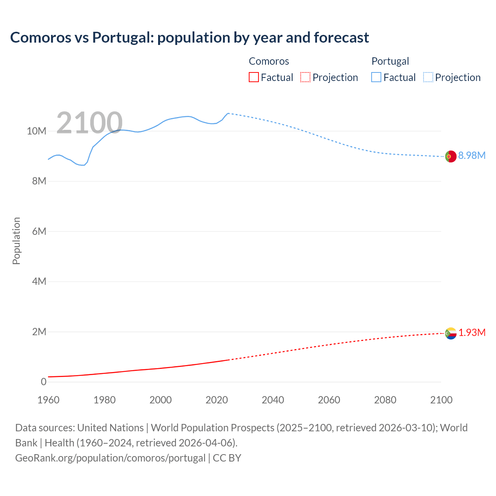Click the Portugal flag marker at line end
(450, 157)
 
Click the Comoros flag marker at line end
(451, 333)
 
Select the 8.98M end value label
(472, 156)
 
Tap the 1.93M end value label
(472, 333)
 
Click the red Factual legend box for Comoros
(253, 77)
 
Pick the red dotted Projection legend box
(305, 77)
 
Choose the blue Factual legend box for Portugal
(376, 77)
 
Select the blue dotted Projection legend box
(428, 77)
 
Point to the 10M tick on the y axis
(36, 131)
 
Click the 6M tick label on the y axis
(39, 232)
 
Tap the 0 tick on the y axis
(43, 382)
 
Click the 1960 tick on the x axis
(48, 400)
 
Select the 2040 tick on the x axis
(273, 400)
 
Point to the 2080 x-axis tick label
(385, 400)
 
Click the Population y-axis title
(16, 241)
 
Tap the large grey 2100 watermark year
(90, 123)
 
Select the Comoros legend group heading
(269, 61)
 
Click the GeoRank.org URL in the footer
(110, 458)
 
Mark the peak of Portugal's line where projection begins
(228, 113)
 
